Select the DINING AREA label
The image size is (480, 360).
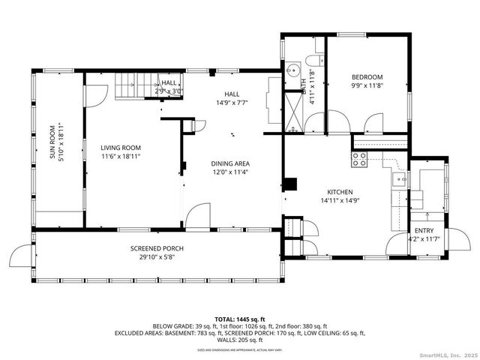[230, 163]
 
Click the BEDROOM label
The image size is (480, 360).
[367, 77]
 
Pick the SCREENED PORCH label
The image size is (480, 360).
[157, 248]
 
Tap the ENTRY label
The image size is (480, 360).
[424, 231]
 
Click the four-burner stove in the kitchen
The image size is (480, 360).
[359, 159]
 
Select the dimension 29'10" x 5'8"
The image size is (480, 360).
[157, 257]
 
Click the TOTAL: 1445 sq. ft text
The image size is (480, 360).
[240, 319]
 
